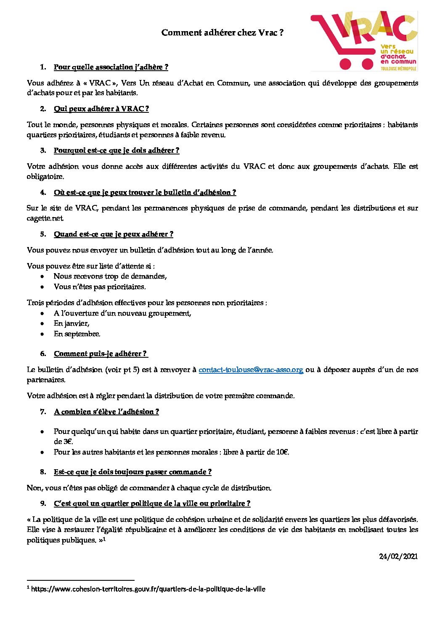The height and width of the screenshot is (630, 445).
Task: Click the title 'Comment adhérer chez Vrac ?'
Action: (x=222, y=33)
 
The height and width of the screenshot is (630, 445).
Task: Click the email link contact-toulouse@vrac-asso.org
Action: (x=251, y=370)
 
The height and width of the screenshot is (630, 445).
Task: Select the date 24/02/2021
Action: (x=398, y=556)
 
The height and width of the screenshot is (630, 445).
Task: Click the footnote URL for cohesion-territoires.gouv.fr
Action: (x=148, y=589)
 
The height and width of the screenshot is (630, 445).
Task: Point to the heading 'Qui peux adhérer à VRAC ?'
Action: (x=101, y=109)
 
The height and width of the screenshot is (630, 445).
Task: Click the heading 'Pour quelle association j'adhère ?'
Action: (x=111, y=67)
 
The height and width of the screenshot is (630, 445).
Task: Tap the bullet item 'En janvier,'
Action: (x=72, y=324)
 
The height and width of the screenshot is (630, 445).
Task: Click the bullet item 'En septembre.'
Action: (x=77, y=334)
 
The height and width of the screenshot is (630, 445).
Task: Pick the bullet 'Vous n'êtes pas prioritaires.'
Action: (x=100, y=287)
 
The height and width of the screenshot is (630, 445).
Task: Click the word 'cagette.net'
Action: (x=45, y=218)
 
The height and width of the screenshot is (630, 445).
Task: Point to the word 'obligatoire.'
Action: (x=45, y=177)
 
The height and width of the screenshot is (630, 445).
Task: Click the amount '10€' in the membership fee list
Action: (x=282, y=452)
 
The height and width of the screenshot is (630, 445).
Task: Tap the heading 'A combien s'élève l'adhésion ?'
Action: (x=106, y=412)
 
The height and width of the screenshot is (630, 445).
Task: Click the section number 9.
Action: (x=43, y=504)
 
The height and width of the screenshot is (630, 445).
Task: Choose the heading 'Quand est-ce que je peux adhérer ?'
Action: (x=114, y=234)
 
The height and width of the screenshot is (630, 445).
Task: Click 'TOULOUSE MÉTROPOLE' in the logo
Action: (x=398, y=69)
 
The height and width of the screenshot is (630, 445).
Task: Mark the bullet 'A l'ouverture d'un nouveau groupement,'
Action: (x=122, y=314)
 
